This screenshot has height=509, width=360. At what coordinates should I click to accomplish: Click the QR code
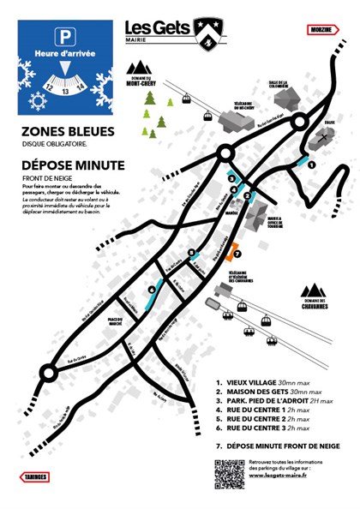point(228,474)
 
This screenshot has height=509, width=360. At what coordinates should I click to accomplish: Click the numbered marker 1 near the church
point(313,165)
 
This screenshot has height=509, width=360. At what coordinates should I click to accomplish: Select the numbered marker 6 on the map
point(151,290)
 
